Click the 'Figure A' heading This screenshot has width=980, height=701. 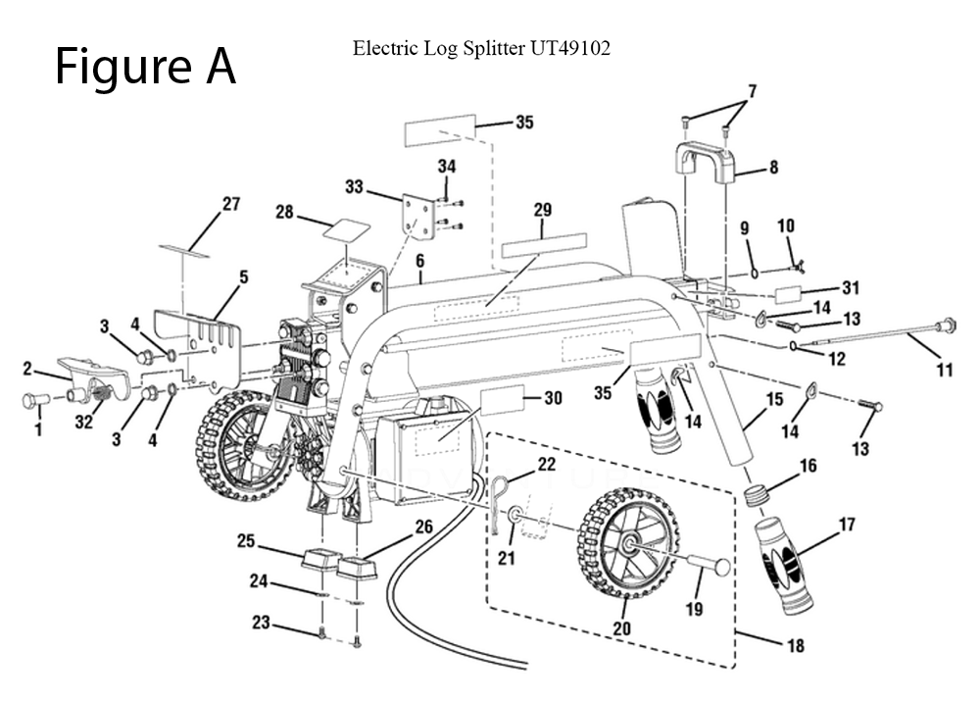coord(145,66)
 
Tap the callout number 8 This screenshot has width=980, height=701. coord(773,168)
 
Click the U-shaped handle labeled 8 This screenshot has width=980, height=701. coord(704,163)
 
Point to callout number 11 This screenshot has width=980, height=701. coord(944,370)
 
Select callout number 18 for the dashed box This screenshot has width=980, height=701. coord(795,645)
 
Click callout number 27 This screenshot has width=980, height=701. coord(230,204)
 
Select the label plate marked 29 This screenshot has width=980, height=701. coord(544,244)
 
